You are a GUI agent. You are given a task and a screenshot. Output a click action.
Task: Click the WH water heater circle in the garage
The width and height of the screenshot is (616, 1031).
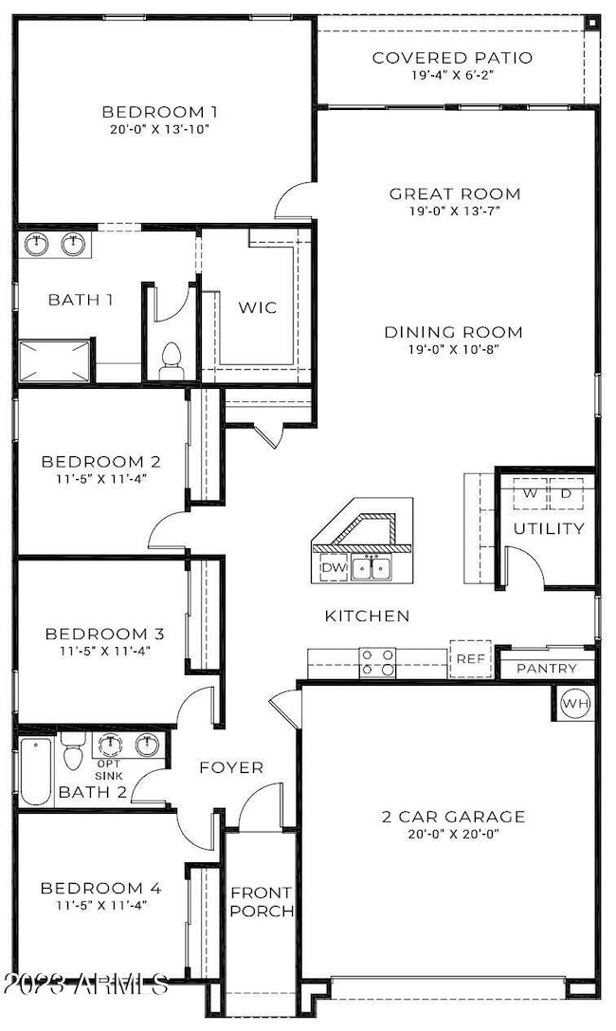pyautogui.click(x=575, y=704)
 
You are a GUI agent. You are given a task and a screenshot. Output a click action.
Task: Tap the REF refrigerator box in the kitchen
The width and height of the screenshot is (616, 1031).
pyautogui.click(x=470, y=658)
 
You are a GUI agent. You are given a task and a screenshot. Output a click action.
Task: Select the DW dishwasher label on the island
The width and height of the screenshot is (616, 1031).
pyautogui.click(x=333, y=568)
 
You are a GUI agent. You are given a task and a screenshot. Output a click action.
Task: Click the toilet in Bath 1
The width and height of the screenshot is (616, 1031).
pyautogui.click(x=172, y=360)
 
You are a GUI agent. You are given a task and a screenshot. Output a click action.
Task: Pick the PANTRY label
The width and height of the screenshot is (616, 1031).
pyautogui.click(x=547, y=669)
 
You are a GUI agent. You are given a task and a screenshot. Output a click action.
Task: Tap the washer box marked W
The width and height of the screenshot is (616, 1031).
pyautogui.click(x=531, y=494)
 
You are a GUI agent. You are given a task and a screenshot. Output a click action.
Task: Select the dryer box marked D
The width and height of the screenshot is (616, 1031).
pyautogui.click(x=567, y=494)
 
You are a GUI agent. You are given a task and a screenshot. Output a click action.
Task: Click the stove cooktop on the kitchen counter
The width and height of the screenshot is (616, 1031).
pyautogui.click(x=376, y=662)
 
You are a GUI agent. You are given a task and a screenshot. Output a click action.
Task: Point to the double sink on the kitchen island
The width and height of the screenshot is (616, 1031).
pyautogui.click(x=371, y=568)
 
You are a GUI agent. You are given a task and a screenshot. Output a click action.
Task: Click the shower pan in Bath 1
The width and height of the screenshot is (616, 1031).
pyautogui.click(x=56, y=360)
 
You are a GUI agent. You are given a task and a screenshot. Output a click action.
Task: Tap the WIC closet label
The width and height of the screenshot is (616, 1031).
pyautogui.click(x=258, y=308)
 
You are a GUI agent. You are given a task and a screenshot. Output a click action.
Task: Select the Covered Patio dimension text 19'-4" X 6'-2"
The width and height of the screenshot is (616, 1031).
pyautogui.click(x=452, y=75)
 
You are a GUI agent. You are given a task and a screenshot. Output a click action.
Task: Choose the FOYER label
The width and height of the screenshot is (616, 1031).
pyautogui.click(x=231, y=767)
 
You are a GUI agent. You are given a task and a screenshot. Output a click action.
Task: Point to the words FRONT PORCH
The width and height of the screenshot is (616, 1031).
pyautogui.click(x=262, y=902)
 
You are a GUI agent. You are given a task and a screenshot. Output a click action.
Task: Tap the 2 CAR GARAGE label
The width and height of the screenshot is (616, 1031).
pyautogui.click(x=452, y=817)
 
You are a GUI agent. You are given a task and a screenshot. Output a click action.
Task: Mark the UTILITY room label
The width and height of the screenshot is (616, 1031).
pyautogui.click(x=549, y=528)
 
